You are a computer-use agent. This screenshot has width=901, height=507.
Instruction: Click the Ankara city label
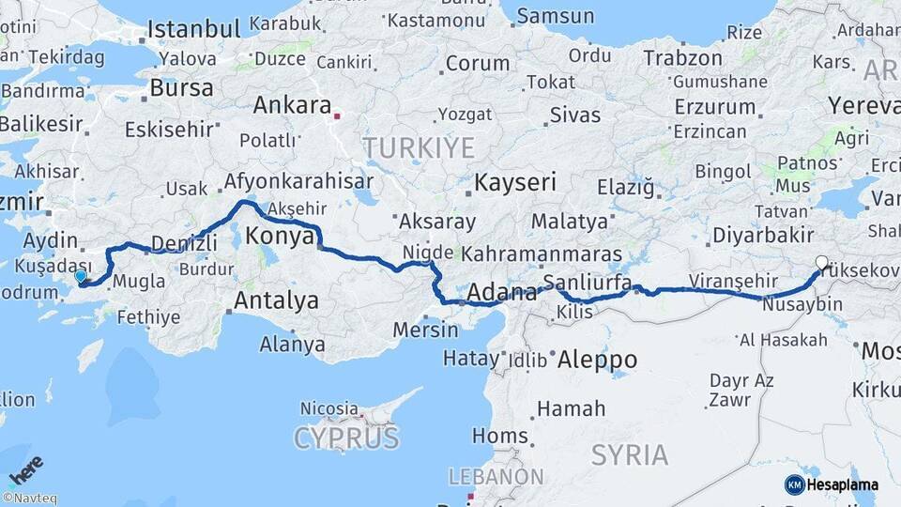click(292, 105)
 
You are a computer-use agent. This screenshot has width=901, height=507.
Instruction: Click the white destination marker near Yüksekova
click(822, 264)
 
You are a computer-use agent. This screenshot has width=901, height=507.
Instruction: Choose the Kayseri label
click(515, 181)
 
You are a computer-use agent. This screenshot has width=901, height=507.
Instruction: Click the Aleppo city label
click(597, 360)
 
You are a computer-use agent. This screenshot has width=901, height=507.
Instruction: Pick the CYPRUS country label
click(345, 438)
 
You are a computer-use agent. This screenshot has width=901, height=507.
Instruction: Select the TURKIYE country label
click(419, 147)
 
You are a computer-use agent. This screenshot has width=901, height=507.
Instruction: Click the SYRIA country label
click(630, 455)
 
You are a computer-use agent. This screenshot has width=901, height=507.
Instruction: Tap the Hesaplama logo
click(831, 484)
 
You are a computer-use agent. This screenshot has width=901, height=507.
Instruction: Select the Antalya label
click(276, 301)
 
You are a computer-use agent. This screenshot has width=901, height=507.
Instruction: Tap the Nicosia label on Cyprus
click(329, 409)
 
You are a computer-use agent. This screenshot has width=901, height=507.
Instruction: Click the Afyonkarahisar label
click(298, 181)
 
